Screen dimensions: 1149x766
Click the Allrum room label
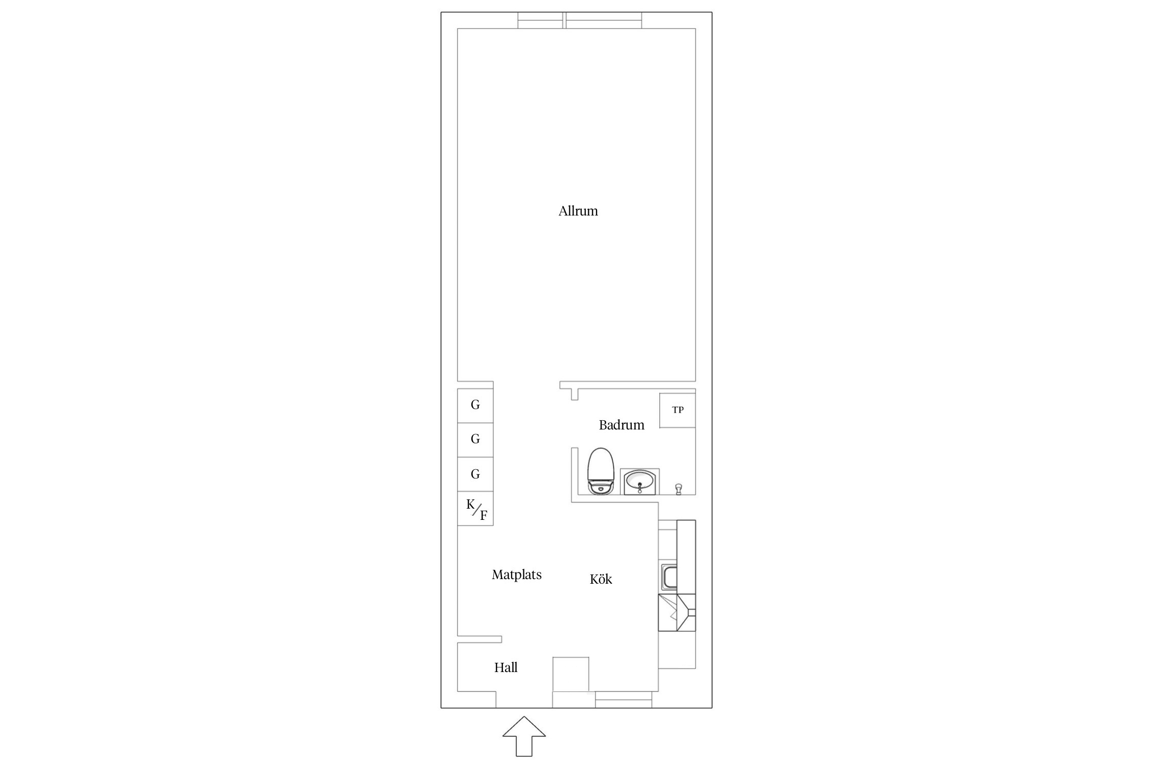tap(578, 211)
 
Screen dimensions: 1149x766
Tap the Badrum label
tap(621, 425)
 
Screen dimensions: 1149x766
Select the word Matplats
tap(517, 574)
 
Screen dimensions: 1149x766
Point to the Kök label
tap(601, 579)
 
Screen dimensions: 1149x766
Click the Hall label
tap(506, 667)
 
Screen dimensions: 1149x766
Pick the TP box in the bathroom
tap(678, 410)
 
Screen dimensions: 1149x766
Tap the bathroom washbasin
tap(640, 482)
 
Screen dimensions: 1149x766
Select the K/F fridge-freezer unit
tap(475, 509)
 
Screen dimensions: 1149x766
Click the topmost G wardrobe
tap(475, 405)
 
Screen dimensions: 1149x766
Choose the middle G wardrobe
tap(475, 440)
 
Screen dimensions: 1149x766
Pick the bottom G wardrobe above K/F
tap(475, 474)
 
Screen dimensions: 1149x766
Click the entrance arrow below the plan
tap(524, 736)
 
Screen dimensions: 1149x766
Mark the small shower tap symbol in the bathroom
tap(679, 489)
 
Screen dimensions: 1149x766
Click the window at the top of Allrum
tap(580, 20)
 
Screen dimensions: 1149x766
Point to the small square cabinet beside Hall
tap(571, 674)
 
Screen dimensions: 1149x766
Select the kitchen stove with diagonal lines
tap(677, 612)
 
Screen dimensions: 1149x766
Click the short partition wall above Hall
tap(480, 639)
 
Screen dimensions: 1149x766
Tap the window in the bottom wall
tap(624, 700)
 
